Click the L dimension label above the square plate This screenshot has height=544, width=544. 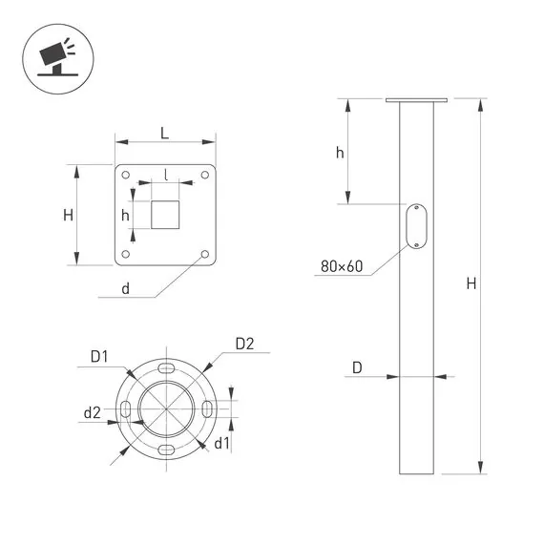(165, 134)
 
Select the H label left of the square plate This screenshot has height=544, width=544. (69, 215)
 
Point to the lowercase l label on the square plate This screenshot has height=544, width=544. (166, 175)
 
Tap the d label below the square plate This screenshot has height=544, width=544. (125, 288)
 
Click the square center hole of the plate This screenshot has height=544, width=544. (166, 214)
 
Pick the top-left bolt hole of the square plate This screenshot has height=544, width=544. (126, 175)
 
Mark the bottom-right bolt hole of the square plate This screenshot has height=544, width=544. (205, 254)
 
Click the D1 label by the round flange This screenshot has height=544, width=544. (99, 356)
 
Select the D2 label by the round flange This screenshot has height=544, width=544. (243, 344)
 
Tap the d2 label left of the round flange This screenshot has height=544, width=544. (92, 412)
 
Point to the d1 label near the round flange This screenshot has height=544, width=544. (221, 443)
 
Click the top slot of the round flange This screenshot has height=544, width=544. (166, 368)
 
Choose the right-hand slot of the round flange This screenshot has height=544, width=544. (206, 409)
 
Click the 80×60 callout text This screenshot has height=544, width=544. (342, 265)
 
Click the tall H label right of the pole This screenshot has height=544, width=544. (471, 283)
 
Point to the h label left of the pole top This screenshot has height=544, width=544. (339, 153)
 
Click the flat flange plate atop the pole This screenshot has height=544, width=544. (417, 99)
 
